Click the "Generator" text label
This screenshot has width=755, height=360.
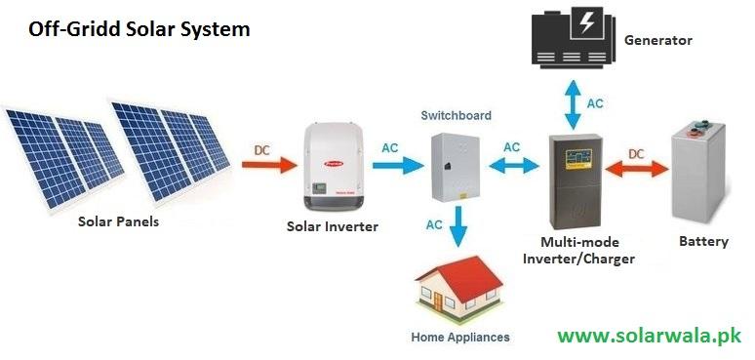657,41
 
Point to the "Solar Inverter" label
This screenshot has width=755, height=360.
332,227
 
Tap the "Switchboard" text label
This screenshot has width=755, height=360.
456,115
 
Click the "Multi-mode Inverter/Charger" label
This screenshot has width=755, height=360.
579,250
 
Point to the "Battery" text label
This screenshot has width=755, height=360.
703,241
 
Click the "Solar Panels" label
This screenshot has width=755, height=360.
118,221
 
